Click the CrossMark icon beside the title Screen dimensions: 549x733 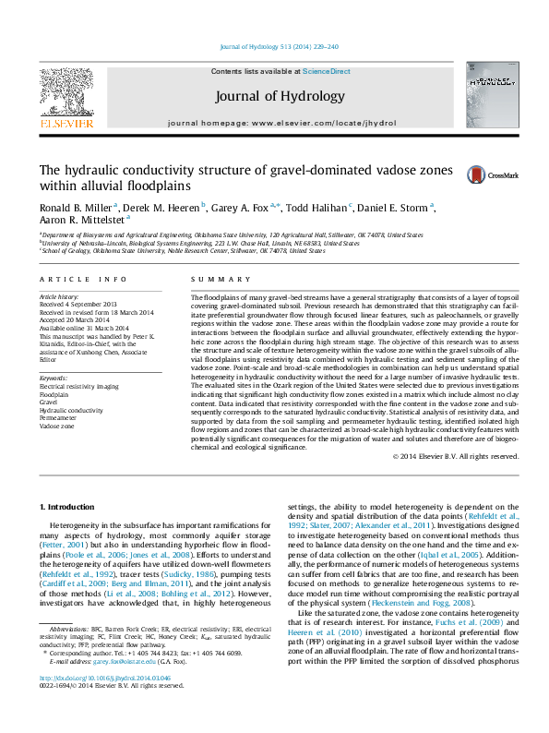[477, 174]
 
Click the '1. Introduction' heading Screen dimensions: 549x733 [69, 507]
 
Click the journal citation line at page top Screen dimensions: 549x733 [274, 45]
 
